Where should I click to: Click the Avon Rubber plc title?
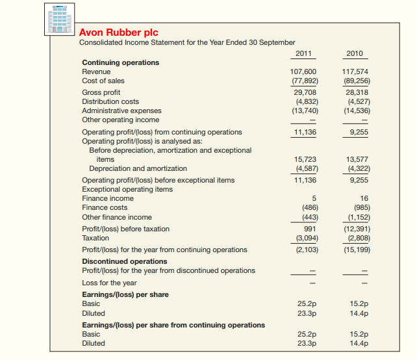[x=118, y=32]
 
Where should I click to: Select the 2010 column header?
[x=355, y=53]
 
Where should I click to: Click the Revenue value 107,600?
[x=305, y=71]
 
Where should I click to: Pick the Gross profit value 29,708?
[x=306, y=92]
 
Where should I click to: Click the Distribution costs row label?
[x=110, y=101]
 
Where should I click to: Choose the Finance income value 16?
[x=364, y=198]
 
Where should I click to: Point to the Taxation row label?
[x=95, y=238]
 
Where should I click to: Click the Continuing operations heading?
[x=120, y=62]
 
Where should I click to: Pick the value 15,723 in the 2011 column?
[x=305, y=159]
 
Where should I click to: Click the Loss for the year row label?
[x=109, y=283]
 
